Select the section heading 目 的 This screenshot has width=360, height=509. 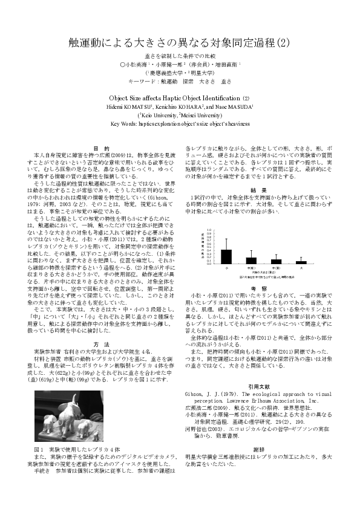click(x=102, y=148)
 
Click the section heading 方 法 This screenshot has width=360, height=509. click(x=102, y=344)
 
